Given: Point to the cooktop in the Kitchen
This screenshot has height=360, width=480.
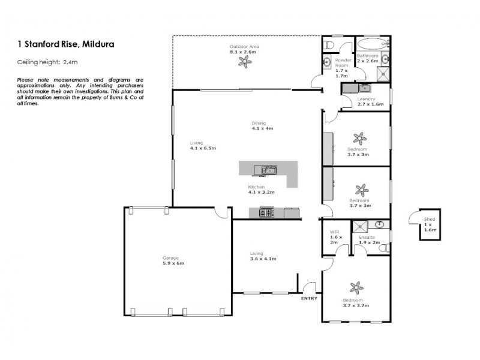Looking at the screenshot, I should pos(266,212).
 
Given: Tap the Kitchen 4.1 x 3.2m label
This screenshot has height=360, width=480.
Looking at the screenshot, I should pos(261,190).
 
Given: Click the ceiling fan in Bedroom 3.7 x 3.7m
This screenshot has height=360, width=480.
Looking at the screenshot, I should pos(356,288).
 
